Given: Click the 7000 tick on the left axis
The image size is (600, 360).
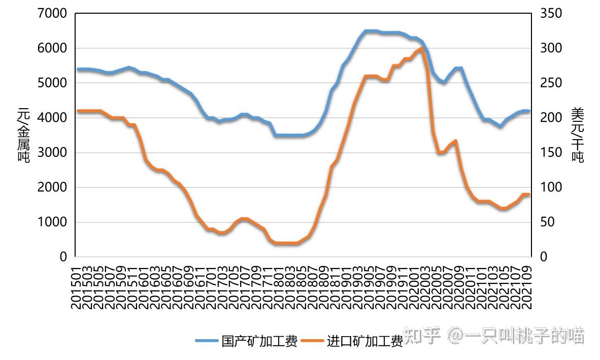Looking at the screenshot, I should (x=53, y=13).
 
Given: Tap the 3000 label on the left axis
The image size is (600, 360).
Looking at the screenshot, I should (x=53, y=152).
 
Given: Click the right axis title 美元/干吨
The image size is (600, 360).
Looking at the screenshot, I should (x=578, y=135).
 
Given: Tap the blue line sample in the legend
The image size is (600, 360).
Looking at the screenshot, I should (x=207, y=341).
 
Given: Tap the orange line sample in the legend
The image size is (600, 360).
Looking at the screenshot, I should (x=313, y=341).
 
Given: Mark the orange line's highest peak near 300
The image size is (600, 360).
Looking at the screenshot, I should (x=422, y=48).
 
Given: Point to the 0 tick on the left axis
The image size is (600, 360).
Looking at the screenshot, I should (x=63, y=257).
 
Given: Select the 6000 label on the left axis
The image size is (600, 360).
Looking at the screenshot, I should (x=53, y=48).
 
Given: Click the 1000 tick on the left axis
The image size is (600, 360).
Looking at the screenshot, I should (x=53, y=222).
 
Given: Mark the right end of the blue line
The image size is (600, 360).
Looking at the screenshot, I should (x=528, y=111).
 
